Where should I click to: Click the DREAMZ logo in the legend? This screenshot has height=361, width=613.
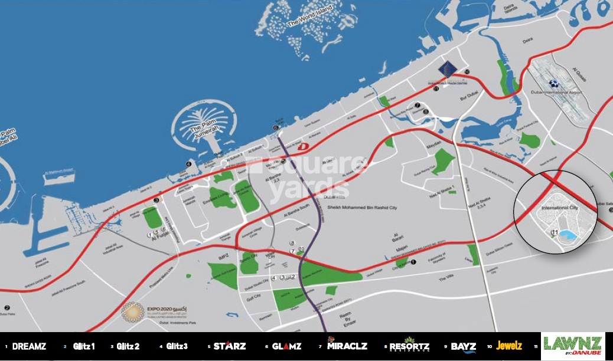coord(29,346)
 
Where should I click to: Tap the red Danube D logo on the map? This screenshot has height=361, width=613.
coord(303,146)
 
